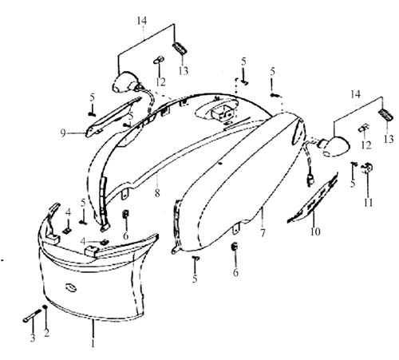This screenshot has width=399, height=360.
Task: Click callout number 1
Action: tap(93, 342)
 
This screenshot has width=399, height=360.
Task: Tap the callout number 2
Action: tap(46, 333)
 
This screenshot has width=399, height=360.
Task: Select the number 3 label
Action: tap(33, 338)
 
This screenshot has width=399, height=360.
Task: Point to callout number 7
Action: tap(263, 233)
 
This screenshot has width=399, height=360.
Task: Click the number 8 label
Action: tap(157, 193)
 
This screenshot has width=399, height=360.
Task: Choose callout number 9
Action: tap(63, 133)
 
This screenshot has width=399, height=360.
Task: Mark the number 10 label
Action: tap(315, 231)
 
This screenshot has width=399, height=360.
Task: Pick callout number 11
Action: tap(369, 203)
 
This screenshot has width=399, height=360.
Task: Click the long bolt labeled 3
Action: tap(33, 315)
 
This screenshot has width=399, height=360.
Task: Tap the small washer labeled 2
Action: tap(45, 307)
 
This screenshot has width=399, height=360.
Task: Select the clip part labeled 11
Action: tap(367, 168)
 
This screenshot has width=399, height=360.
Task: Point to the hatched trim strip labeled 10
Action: tap(314, 197)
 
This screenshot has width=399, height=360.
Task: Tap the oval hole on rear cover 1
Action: tap(70, 288)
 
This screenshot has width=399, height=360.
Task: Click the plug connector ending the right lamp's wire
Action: tap(310, 180)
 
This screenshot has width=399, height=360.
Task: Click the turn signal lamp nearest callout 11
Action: tap(334, 145)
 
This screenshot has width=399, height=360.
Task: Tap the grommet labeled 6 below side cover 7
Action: tap(235, 246)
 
